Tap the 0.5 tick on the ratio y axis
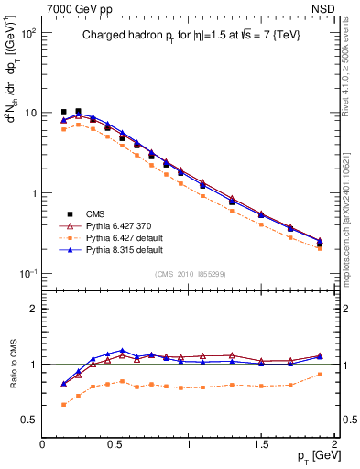[29, 420]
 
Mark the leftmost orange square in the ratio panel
[63, 404]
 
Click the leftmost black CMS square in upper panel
[63, 112]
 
